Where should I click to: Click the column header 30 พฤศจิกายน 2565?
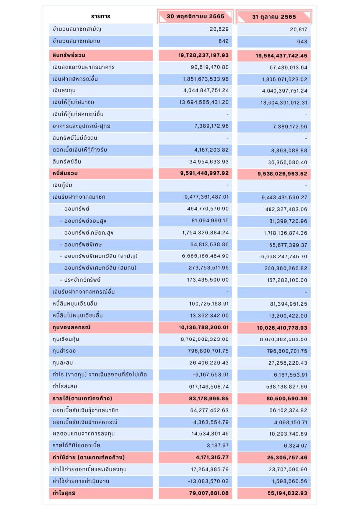[195, 16]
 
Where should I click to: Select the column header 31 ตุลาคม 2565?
[274, 17]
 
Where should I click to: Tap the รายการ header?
[101, 17]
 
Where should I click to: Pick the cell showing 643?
[302, 41]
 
